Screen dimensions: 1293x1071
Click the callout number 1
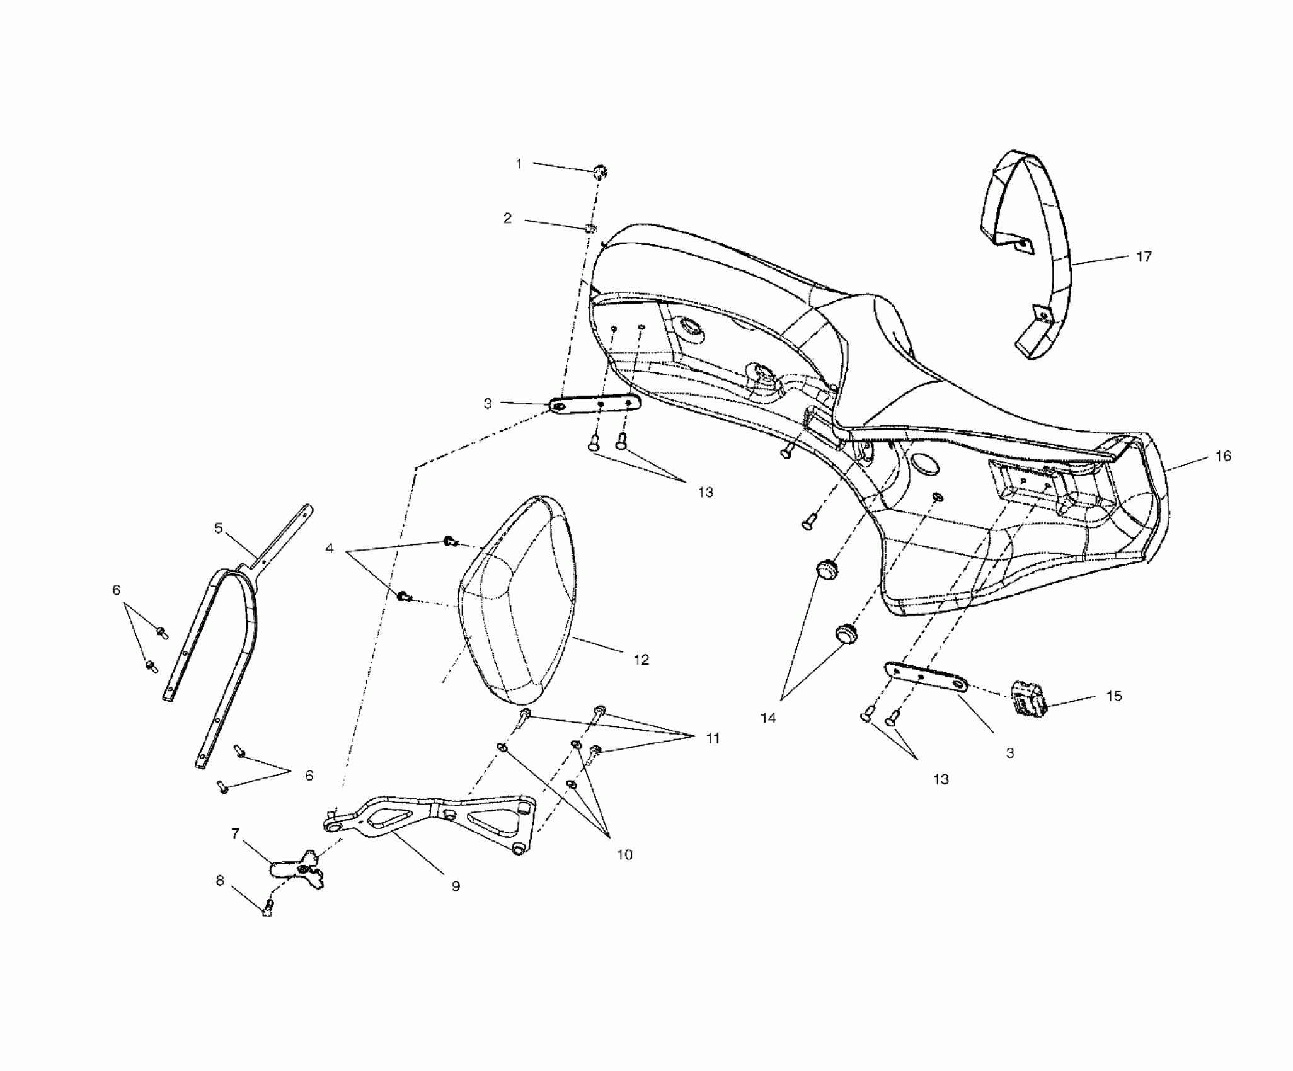click(519, 164)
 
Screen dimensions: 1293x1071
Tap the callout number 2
click(507, 219)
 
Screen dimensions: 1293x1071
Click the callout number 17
click(1144, 256)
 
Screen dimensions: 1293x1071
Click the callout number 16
click(1222, 456)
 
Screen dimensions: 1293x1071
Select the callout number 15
click(1114, 696)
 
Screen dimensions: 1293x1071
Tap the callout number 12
click(641, 660)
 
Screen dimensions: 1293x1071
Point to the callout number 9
click(456, 886)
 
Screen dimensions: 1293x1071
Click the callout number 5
click(219, 528)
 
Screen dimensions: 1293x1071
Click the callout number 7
click(235, 834)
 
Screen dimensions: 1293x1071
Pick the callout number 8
click(220, 881)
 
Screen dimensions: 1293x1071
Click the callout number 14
click(769, 718)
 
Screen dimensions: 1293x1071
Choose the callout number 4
click(329, 548)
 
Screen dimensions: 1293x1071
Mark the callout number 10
click(624, 855)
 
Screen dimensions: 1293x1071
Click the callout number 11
click(712, 738)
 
